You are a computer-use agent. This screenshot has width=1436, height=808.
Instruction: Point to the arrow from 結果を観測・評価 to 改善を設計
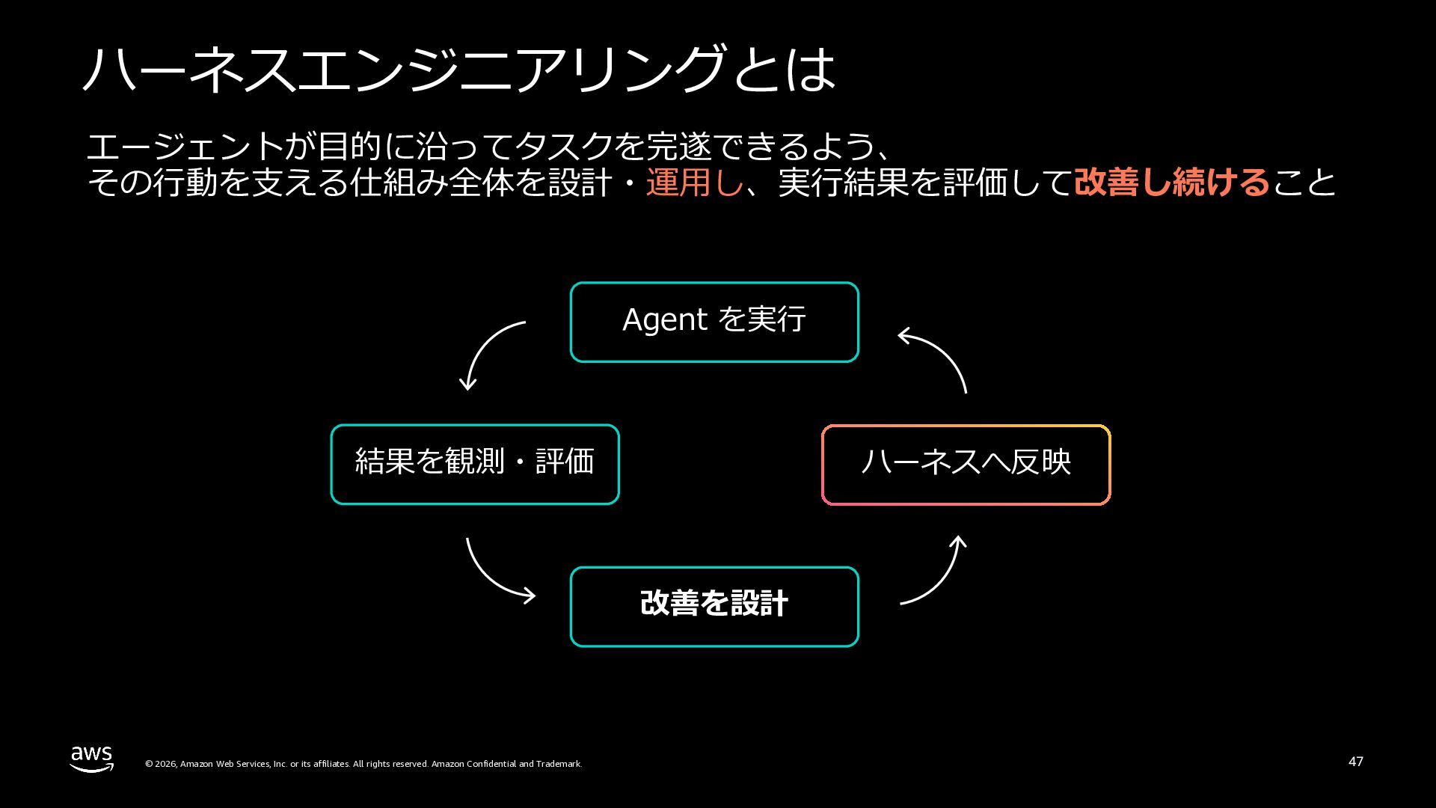(488, 580)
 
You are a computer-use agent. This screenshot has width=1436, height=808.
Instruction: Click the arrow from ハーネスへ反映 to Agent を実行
(945, 350)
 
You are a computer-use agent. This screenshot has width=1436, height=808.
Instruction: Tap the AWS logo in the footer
(92, 759)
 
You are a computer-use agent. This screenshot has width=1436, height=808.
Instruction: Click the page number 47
(1356, 762)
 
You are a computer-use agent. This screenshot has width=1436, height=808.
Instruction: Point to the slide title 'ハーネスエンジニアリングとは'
(458, 69)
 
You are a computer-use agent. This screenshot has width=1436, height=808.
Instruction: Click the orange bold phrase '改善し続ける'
(1172, 183)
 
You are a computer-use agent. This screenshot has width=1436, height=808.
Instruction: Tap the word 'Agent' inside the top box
(665, 319)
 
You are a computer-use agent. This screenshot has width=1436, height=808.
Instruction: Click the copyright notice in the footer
(363, 764)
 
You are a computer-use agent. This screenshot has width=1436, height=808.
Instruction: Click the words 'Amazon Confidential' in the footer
(473, 764)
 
